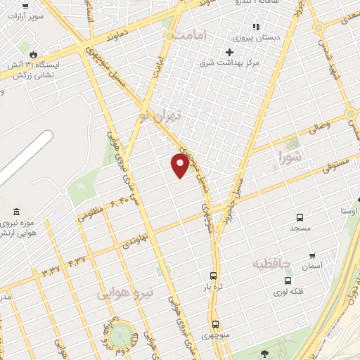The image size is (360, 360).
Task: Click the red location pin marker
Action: pos(180,166)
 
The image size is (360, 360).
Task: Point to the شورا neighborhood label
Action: pos(290,155)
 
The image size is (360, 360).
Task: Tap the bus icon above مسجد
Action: pos(300,218)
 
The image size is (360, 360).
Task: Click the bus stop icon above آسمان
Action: pos(311,256)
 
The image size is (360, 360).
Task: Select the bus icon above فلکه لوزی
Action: pos(288,281)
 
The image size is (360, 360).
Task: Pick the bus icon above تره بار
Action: pos(213,276)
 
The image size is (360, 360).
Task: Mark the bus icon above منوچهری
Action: pos(215,324)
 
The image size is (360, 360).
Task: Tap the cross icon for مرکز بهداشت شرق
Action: pos(229,52)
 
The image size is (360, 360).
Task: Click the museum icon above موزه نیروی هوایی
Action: pos(16,212)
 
